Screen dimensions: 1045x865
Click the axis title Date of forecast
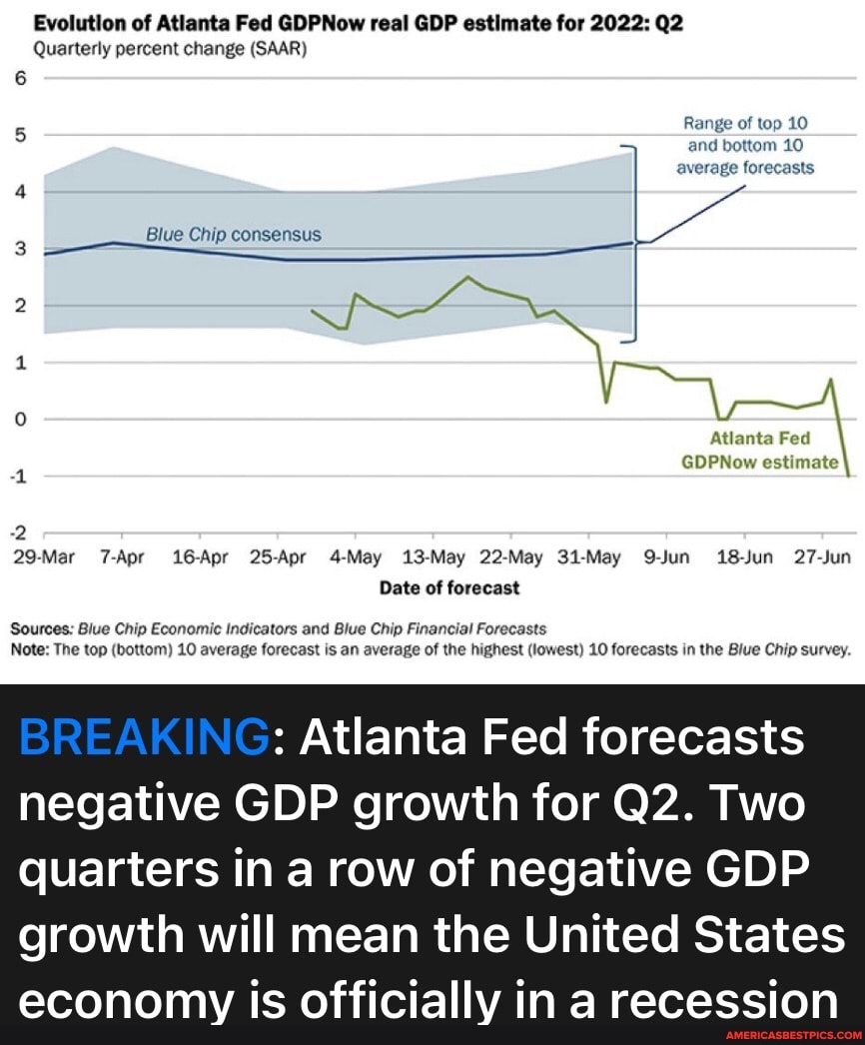448,587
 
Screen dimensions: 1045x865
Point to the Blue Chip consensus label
234,235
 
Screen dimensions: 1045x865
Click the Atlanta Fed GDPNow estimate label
759,450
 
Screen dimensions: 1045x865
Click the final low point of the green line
848,476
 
